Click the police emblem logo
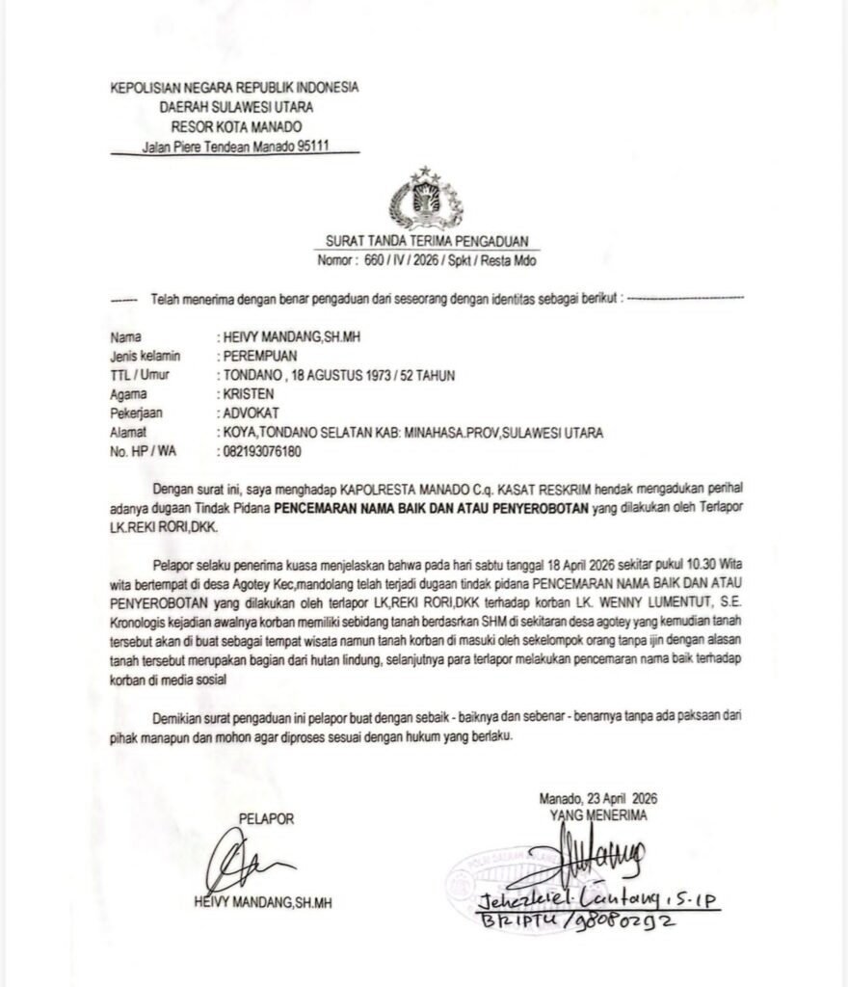pyautogui.click(x=423, y=198)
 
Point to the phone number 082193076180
pyautogui.click(x=262, y=450)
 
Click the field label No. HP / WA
pyautogui.click(x=140, y=450)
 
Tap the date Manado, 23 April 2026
pyautogui.click(x=597, y=799)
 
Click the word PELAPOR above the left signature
pyautogui.click(x=266, y=819)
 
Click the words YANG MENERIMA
pyautogui.click(x=598, y=814)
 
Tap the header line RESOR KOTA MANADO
pyautogui.click(x=235, y=126)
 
